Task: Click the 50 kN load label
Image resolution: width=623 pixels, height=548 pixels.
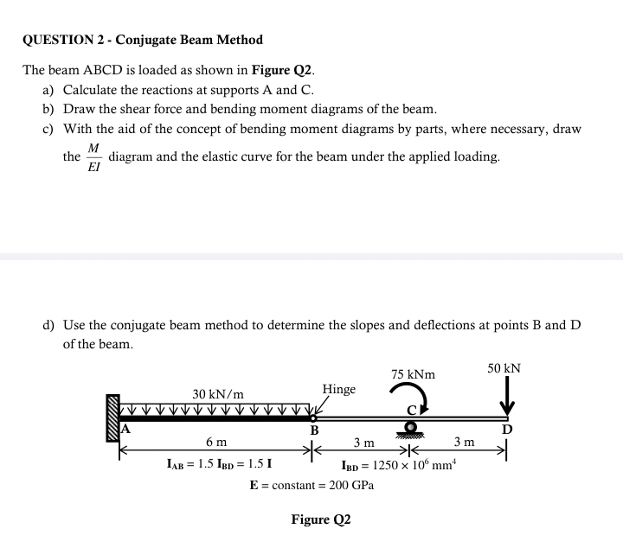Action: (504, 368)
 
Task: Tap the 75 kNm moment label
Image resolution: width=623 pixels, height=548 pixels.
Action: (413, 375)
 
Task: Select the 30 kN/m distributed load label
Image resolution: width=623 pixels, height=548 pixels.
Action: (218, 394)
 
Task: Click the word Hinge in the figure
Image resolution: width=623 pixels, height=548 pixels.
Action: (338, 389)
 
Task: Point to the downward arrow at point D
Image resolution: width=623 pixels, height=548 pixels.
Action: (508, 399)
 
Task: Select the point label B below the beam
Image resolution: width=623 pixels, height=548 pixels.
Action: (315, 430)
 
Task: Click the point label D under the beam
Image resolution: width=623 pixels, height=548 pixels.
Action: (508, 430)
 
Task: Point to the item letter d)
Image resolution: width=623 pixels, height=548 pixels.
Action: (50, 325)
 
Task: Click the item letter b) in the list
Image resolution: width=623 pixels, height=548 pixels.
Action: (50, 110)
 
